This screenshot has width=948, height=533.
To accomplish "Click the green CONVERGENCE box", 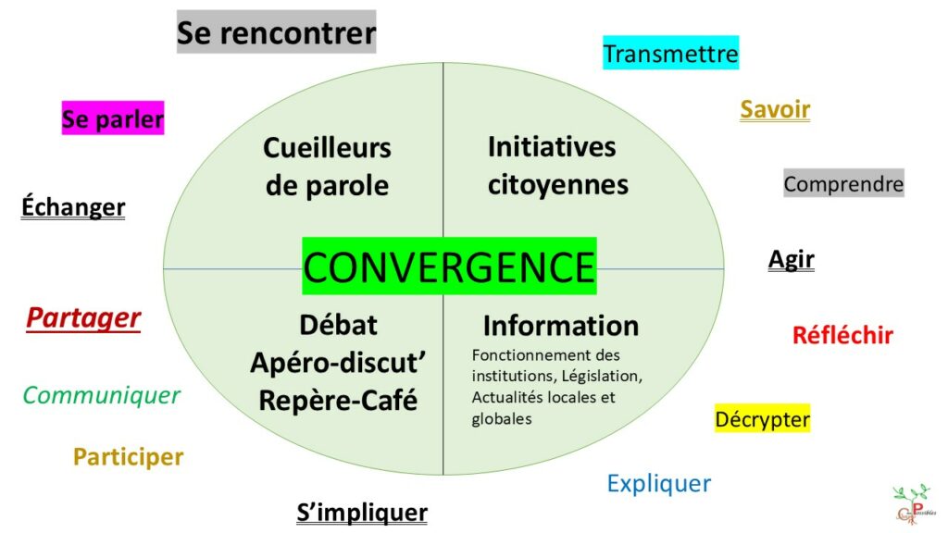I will [x=449, y=266].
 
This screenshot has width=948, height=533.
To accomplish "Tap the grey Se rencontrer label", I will [x=276, y=33].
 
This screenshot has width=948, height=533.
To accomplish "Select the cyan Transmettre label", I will [x=670, y=54].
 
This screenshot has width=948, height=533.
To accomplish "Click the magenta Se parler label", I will [x=113, y=119].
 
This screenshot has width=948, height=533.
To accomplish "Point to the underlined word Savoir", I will [x=775, y=110].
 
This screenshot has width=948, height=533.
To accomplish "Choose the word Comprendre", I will [x=843, y=184].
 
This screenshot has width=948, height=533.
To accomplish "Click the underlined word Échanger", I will [x=73, y=207].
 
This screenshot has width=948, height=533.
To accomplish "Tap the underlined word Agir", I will [x=791, y=259].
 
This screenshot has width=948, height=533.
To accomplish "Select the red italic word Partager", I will [x=83, y=318].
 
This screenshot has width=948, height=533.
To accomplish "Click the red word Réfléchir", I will [x=842, y=335].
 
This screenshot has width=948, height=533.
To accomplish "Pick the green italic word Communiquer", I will [x=101, y=396].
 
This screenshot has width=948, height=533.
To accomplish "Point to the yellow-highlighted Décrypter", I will [x=762, y=419].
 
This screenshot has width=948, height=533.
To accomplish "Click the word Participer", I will [x=129, y=456].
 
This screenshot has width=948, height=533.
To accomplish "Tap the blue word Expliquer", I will [x=658, y=483].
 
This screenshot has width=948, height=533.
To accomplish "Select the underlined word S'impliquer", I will [x=362, y=513].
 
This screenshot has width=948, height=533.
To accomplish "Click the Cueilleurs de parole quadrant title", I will [x=327, y=167].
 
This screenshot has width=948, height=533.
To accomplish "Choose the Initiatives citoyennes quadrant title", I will [x=557, y=165].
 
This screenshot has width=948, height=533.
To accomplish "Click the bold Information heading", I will [x=560, y=326].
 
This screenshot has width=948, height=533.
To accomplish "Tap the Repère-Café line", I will [x=338, y=401].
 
